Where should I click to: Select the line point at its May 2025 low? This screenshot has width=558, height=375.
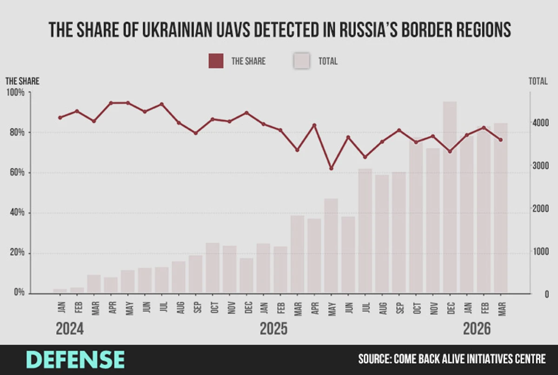[331, 168]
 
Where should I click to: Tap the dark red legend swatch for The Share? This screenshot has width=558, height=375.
[216, 61]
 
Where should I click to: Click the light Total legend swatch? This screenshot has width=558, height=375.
[301, 61]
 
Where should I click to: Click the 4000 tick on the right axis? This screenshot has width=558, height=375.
[540, 122]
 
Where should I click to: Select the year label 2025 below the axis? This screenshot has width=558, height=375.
[273, 329]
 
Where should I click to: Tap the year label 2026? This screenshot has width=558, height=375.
[477, 329]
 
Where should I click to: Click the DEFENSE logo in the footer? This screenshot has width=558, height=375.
[75, 360]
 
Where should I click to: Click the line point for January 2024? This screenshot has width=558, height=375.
[60, 118]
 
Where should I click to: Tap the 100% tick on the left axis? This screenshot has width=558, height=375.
[15, 92]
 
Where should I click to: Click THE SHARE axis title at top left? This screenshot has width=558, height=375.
[22, 81]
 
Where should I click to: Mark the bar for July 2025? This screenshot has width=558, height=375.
[365, 231]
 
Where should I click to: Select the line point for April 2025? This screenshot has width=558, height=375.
[314, 125]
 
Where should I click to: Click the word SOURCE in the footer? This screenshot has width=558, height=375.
[374, 359]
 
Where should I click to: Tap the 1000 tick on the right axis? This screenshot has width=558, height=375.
[540, 252]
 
